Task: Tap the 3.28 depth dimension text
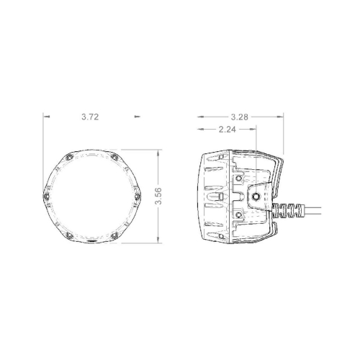pyautogui.click(x=240, y=115)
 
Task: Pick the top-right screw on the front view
pyautogui.click(x=114, y=158)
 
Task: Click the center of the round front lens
pyautogui.click(x=91, y=196)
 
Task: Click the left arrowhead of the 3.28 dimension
pyautogui.click(x=199, y=115)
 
